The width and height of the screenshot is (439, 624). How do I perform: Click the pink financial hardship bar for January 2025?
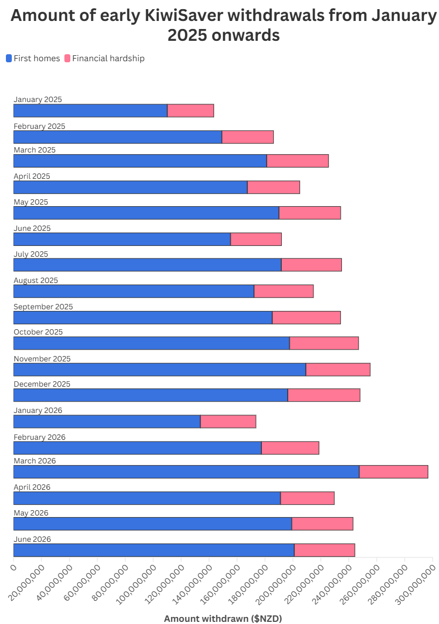191,111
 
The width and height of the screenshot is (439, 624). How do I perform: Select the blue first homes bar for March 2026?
187,471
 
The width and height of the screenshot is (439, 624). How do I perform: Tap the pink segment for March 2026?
394,471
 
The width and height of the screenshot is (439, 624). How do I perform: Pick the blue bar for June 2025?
122,239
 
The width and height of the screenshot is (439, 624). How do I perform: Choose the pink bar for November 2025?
338,369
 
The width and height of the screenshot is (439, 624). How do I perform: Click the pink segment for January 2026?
228,422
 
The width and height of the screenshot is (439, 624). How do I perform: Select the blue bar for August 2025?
134,291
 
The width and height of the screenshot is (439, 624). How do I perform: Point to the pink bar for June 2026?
325,550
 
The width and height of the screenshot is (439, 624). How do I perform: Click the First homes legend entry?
33,59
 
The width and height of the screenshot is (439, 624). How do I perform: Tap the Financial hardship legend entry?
105,59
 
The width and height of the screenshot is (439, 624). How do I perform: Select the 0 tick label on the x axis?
13,567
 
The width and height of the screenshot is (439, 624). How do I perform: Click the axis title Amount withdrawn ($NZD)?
223,618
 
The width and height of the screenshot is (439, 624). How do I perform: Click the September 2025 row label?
43,307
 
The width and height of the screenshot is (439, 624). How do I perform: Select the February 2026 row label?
39,437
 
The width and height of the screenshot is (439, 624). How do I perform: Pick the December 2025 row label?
42,383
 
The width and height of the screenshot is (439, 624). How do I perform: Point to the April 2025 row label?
32,176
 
